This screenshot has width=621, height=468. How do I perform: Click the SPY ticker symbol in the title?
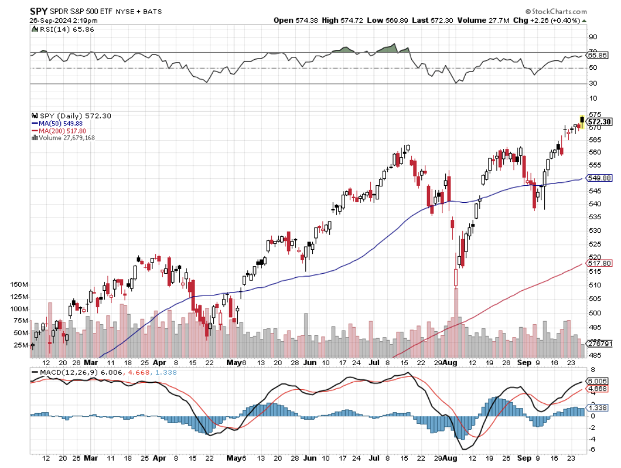[x=39, y=11]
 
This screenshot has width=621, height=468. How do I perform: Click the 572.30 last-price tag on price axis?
[x=599, y=121]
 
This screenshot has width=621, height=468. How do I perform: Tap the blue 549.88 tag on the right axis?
[x=599, y=178]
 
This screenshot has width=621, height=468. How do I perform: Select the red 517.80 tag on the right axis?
[x=599, y=263]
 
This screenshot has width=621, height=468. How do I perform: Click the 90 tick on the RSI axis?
[x=592, y=37]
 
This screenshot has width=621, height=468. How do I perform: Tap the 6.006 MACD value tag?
[x=598, y=381]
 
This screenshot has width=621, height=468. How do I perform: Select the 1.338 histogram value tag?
[x=598, y=408]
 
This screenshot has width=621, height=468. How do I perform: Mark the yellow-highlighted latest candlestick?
[x=582, y=121]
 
